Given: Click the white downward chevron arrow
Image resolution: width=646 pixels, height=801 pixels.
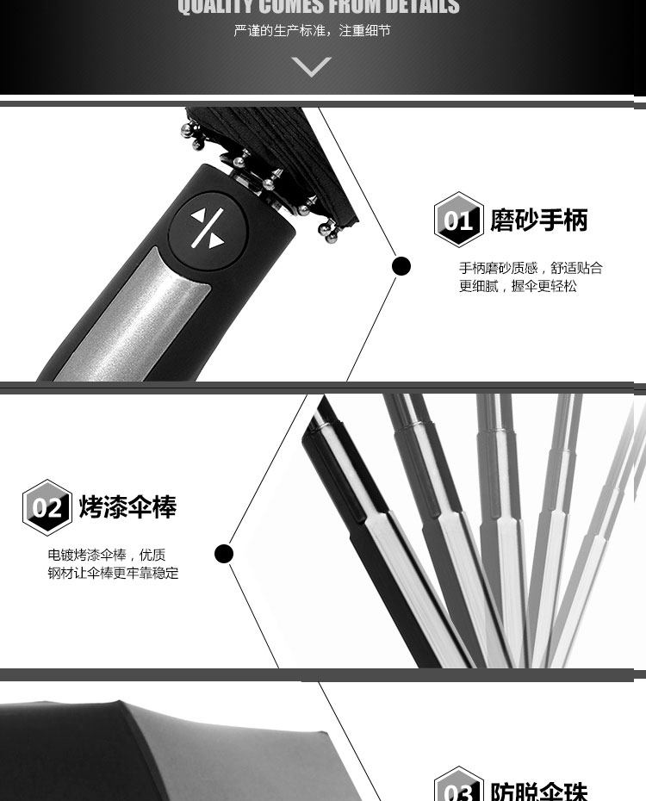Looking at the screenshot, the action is [312, 66].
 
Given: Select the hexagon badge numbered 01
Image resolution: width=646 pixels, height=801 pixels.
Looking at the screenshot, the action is [458, 220].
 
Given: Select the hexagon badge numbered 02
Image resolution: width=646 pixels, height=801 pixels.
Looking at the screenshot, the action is [47, 507].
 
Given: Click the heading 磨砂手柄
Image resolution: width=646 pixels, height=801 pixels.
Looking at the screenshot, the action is [539, 220].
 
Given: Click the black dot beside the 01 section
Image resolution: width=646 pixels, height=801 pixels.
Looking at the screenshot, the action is [401, 266].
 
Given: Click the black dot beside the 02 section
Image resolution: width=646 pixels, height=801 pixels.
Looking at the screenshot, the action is [224, 553].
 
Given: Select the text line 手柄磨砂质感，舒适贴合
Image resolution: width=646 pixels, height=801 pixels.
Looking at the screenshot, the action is [531, 268].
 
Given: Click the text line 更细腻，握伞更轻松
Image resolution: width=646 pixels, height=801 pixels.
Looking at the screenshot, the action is [518, 286].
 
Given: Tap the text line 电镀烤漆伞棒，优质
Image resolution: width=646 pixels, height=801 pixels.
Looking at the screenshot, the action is [107, 555].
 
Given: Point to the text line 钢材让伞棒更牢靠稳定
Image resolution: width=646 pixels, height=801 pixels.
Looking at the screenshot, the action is [113, 573].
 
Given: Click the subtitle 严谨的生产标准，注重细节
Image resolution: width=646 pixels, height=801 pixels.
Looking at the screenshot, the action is [312, 31].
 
